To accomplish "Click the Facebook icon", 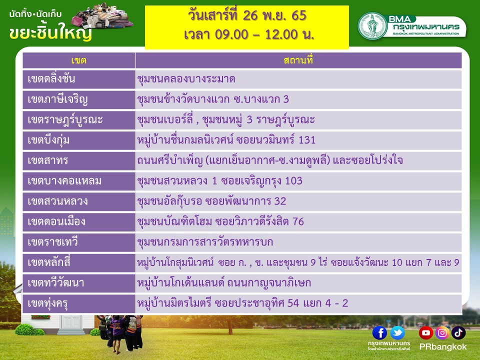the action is point(379,333).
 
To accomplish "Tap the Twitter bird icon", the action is point(397,333).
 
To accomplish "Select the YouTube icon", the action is point(426,333).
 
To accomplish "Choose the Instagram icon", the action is point(442,333).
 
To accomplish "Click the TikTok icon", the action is point(458,333).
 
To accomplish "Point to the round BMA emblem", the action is point(372,25).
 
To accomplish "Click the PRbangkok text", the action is point(442,347).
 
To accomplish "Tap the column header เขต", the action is point(78,60).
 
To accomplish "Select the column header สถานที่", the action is point(298,60).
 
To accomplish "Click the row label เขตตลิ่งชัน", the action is point(51,79).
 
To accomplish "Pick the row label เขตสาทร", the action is point(48,160).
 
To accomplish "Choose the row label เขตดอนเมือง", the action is point(56,221).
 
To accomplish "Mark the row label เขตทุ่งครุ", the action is point(47,303).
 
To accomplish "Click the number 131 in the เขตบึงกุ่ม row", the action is point(306,140).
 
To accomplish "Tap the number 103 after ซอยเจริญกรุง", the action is point(293,180).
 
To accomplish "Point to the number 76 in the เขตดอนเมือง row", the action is point(298,221).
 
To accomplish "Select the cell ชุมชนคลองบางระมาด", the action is point(186,79).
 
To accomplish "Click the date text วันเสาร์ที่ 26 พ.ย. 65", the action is point(247,15).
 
